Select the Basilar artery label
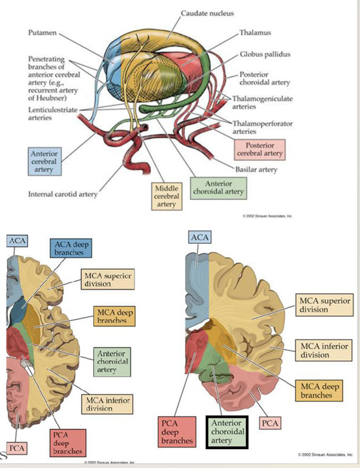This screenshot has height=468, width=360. click(x=255, y=169)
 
